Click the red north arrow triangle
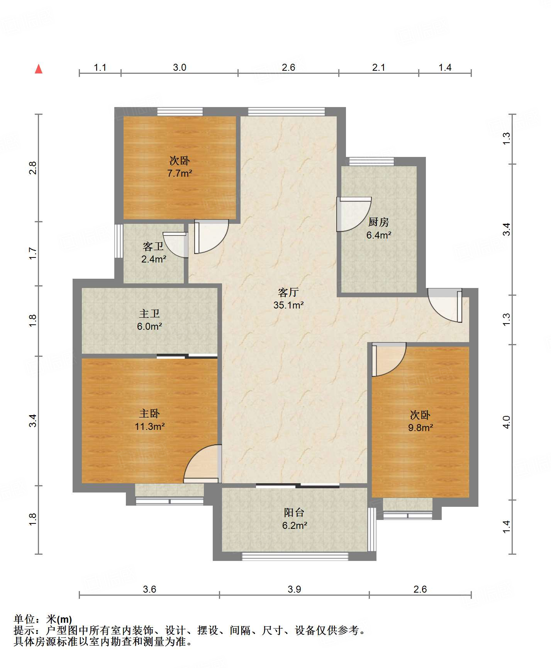(39, 69)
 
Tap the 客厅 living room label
(288, 292)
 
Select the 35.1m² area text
(288, 305)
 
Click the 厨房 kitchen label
(378, 222)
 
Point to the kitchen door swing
(354, 214)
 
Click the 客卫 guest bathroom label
(153, 246)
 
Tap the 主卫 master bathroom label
(149, 314)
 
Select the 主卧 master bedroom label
(149, 414)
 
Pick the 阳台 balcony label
(294, 513)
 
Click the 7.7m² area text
(180, 173)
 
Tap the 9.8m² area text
(420, 428)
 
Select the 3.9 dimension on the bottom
(294, 589)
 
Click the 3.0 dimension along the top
(180, 68)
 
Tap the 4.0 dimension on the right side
(507, 422)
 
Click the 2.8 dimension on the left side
(33, 168)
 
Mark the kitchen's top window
(371, 161)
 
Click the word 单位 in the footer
(24, 620)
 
